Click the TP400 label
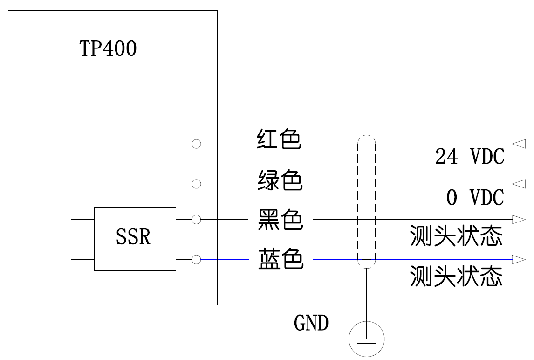pos(108,48)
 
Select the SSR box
pos(135,239)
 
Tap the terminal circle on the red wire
pos(196,144)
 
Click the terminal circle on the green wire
pos(196,184)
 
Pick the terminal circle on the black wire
pos(196,219)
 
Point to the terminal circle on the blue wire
pos(196,259)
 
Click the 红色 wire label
pos(280,139)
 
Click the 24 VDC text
pos(470,157)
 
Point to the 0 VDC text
pos(475,198)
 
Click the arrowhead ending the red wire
pos(519,144)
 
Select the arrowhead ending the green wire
pos(519,184)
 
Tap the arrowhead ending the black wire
pos(519,219)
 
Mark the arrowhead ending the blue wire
pos(519,259)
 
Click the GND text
pos(311,323)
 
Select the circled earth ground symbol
pos(367,339)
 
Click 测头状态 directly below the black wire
pos(456,236)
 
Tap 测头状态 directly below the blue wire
pos(456,276)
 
